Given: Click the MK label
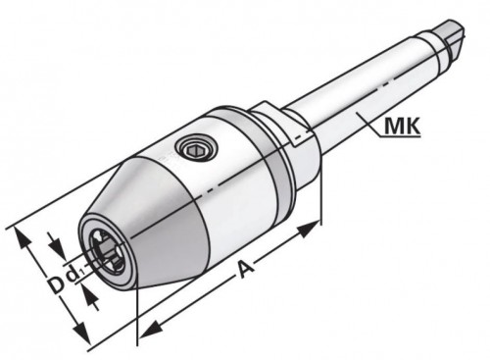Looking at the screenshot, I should click(403, 124).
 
